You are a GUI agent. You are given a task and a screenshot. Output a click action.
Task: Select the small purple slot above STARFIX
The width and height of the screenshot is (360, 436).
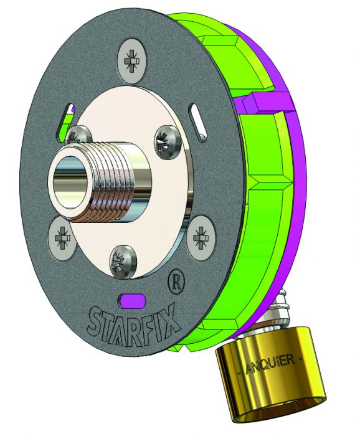(x=132, y=300)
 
